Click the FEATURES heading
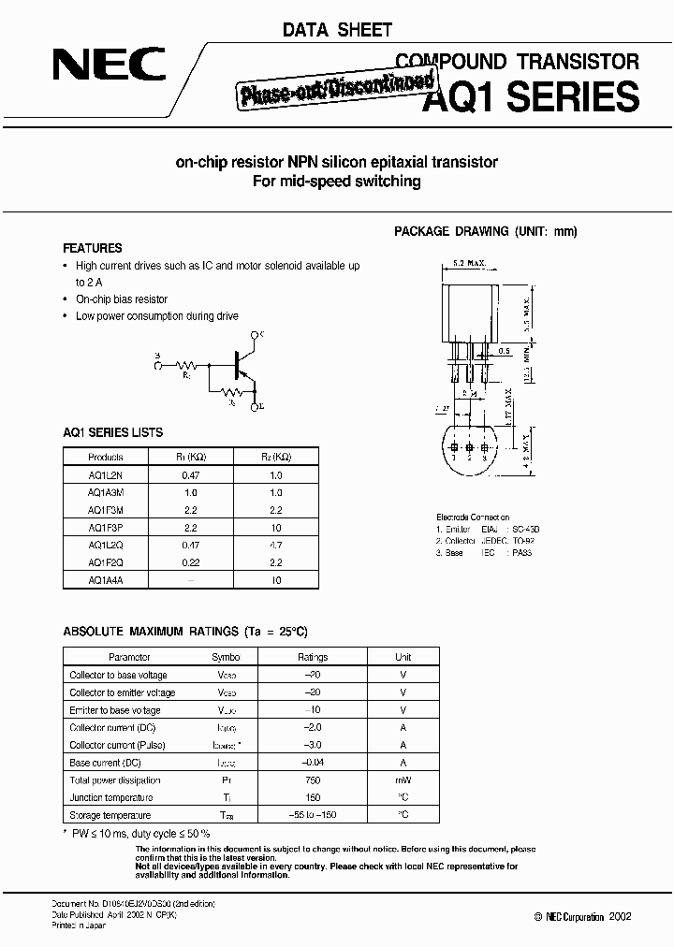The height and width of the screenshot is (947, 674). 92,249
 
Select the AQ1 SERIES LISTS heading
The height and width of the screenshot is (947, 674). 112,432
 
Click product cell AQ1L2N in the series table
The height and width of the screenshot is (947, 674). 105,474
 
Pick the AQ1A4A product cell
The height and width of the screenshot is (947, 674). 105,580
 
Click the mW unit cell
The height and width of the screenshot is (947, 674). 403,780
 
